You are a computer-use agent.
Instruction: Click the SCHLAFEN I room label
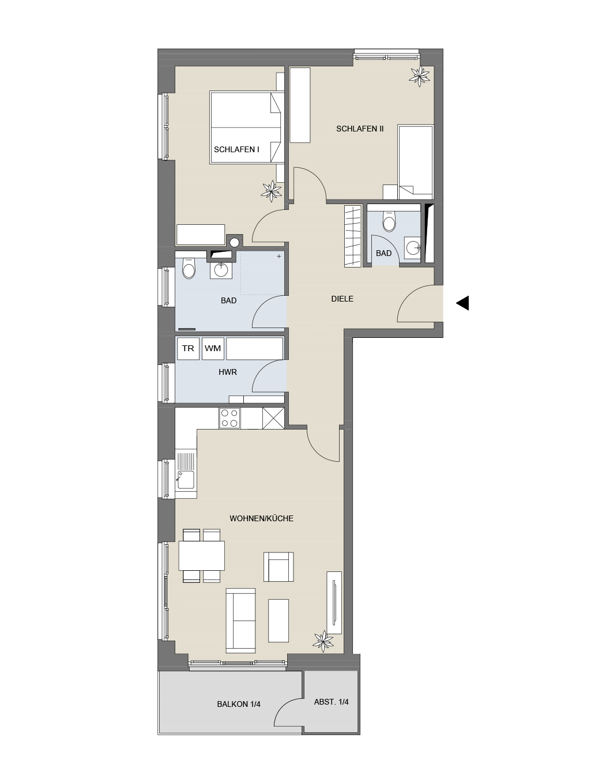click(236, 149)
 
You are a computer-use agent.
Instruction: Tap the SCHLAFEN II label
click(360, 129)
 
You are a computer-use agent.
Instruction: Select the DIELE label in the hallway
click(342, 299)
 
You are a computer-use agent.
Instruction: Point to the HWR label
click(228, 372)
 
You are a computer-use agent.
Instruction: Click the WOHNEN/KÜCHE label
click(262, 518)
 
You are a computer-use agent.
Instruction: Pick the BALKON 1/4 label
click(239, 704)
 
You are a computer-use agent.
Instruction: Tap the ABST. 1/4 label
click(331, 702)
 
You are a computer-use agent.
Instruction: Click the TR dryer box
click(188, 348)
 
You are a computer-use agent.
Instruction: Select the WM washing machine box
click(213, 348)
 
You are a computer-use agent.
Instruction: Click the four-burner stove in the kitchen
click(229, 418)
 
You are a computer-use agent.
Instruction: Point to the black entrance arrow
click(462, 303)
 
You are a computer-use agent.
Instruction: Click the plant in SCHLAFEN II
click(420, 76)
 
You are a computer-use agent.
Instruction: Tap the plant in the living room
click(323, 641)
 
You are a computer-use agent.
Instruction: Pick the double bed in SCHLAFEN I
click(247, 127)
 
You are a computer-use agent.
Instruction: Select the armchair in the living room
click(278, 567)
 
